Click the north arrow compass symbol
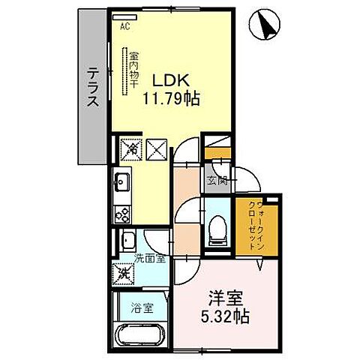266,25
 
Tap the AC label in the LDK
124,26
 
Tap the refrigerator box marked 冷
130,150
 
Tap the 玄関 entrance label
217,180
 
